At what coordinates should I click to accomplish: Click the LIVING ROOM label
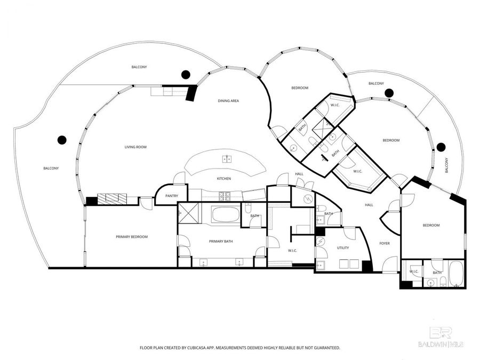pyautogui.click(x=135, y=147)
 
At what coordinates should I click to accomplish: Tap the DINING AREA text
pyautogui.click(x=228, y=101)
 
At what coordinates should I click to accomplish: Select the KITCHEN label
pyautogui.click(x=223, y=178)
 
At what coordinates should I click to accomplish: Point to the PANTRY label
pyautogui.click(x=172, y=196)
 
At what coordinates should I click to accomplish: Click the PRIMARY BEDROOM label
pyautogui.click(x=132, y=237)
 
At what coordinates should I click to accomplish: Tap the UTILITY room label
pyautogui.click(x=342, y=248)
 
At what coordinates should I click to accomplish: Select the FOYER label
pyautogui.click(x=385, y=243)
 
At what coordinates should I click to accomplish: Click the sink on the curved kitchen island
pyautogui.click(x=227, y=158)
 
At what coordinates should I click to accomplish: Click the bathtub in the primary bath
pyautogui.click(x=226, y=215)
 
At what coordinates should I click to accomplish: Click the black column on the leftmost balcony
pyautogui.click(x=62, y=140)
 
